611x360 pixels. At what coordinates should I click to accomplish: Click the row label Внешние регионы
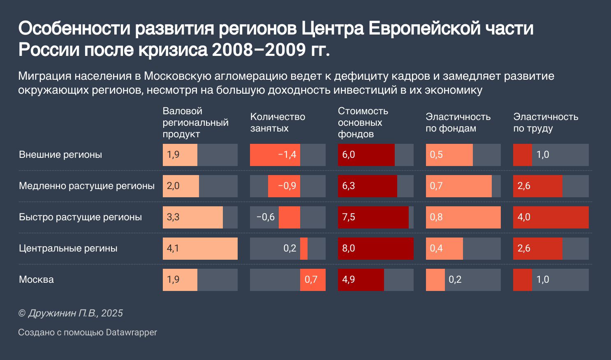60,155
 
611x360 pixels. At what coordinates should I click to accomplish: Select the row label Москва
37,280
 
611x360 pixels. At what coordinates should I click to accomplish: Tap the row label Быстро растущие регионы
80,217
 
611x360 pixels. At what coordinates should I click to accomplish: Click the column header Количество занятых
278,122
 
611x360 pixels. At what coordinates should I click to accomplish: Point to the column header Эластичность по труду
546,122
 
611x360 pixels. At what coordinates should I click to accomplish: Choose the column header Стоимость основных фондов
363,122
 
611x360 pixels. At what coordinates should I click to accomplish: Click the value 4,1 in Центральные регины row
173,249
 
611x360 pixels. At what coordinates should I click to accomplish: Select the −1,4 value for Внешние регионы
287,155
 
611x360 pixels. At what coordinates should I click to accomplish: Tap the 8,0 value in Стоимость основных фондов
349,249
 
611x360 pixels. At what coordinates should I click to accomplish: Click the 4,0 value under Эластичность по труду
524,217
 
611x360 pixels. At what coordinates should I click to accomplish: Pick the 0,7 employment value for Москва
311,280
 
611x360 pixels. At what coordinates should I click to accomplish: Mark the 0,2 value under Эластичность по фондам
455,280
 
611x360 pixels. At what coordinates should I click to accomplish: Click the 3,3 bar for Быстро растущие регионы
193,217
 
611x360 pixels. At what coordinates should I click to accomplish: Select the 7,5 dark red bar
373,217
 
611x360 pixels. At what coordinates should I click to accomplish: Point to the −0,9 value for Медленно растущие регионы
287,186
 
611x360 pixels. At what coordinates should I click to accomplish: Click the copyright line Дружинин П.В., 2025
71,313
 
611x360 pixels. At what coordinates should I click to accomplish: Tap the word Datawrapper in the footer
131,332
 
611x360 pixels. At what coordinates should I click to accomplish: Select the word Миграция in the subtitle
44,76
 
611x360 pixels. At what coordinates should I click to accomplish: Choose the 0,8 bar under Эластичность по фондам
463,217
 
